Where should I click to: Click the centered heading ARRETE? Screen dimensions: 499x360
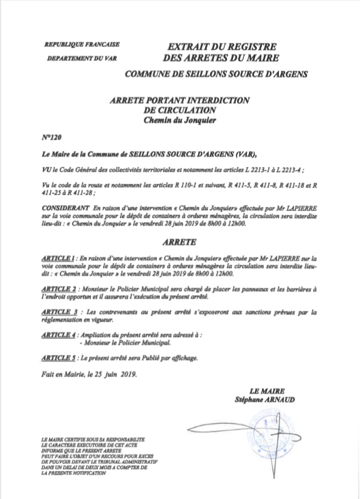pyautogui.click(x=179, y=242)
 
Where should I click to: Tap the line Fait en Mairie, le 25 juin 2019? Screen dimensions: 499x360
pyautogui.click(x=89, y=373)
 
